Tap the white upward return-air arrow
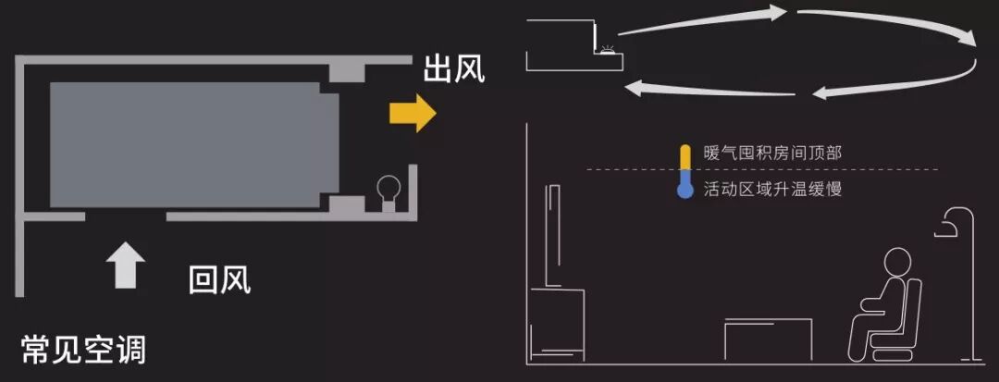point(125,265)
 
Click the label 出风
point(453,69)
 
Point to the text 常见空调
point(83,349)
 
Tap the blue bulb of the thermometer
point(684,191)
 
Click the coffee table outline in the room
point(768,338)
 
